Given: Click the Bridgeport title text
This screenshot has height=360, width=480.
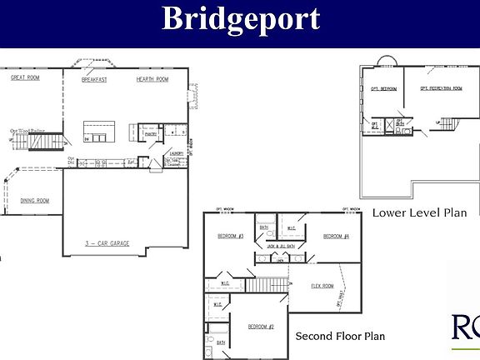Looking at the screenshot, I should pyautogui.click(x=240, y=18).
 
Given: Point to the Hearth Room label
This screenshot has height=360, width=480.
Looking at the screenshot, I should pyautogui.click(x=152, y=78).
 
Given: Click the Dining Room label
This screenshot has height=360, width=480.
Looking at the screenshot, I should pyautogui.click(x=35, y=200).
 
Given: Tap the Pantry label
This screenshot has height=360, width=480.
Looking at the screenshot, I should pyautogui.click(x=151, y=133).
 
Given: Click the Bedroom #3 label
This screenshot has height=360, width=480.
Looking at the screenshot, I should pyautogui.click(x=229, y=236).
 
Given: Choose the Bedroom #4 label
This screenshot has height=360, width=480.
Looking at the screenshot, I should pyautogui.click(x=335, y=236).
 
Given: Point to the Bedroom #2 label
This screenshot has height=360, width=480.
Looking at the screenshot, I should pyautogui.click(x=261, y=326).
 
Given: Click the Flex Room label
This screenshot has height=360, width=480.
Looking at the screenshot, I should pyautogui.click(x=322, y=286).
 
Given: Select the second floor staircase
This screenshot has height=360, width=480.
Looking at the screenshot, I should pyautogui.click(x=265, y=285).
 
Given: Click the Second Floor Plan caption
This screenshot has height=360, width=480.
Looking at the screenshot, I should pyautogui.click(x=340, y=337).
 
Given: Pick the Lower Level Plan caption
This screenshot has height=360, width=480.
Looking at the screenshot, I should pyautogui.click(x=419, y=212).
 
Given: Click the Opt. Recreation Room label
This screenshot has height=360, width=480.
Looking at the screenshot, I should pyautogui.click(x=441, y=87).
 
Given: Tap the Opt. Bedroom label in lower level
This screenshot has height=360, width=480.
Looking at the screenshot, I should pyautogui.click(x=383, y=87).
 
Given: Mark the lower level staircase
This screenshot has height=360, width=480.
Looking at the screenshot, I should pyautogui.click(x=448, y=126).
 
